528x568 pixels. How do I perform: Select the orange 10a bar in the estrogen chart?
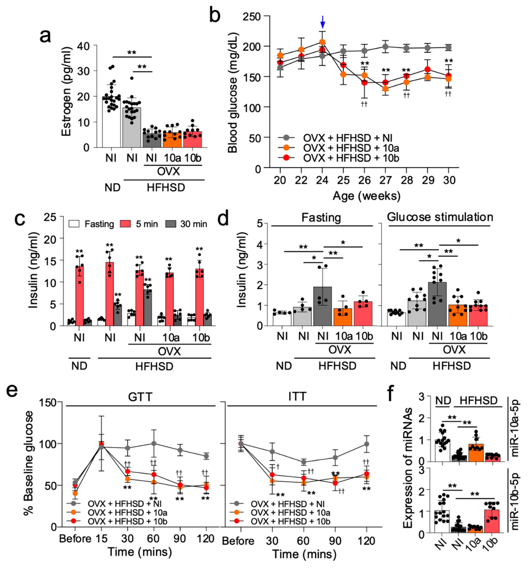[x=172, y=140]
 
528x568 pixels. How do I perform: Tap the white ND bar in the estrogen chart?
[x=111, y=123]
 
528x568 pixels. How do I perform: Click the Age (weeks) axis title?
[x=366, y=196]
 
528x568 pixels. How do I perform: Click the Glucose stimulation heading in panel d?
[x=440, y=217]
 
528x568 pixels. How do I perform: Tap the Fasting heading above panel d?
[x=321, y=218]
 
